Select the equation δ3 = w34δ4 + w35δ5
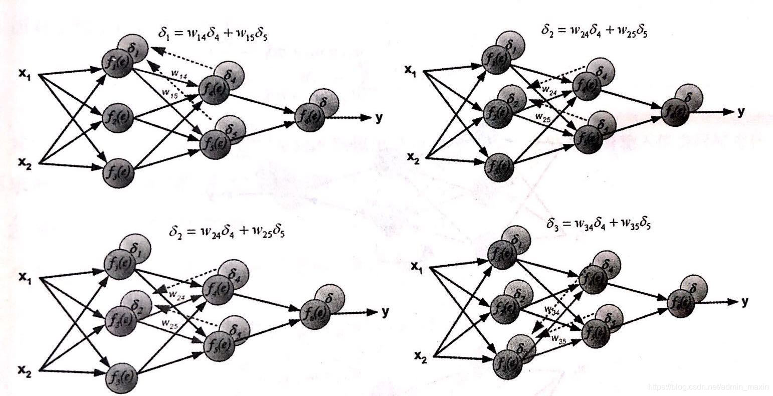click(x=599, y=223)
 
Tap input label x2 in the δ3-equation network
click(x=420, y=357)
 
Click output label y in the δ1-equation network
click(x=379, y=118)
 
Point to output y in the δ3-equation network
click(x=745, y=301)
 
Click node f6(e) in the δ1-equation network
click(x=310, y=117)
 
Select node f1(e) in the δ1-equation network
click(x=117, y=64)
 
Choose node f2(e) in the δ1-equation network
click(x=118, y=118)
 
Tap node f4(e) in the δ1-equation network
click(x=214, y=90)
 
